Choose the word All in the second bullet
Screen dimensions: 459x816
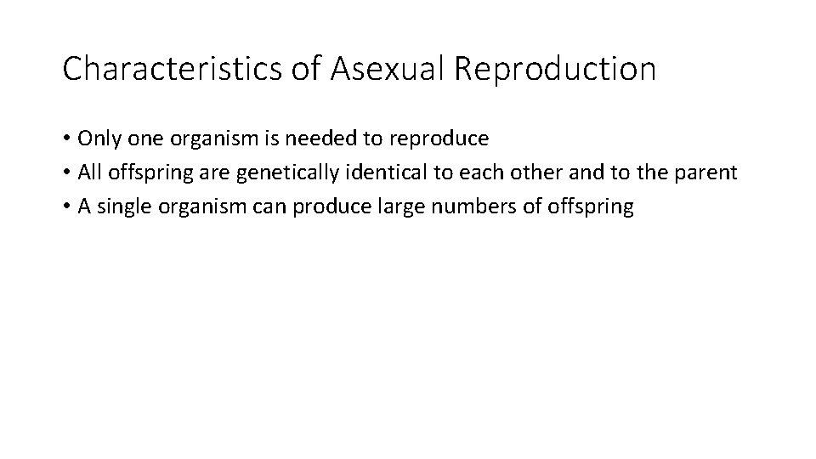pyautogui.click(x=89, y=173)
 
